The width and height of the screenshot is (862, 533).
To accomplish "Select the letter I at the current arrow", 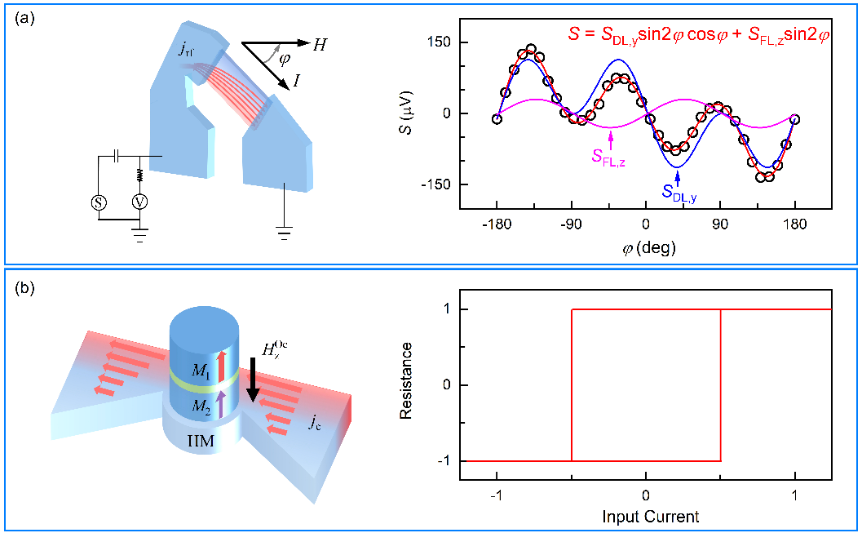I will (302, 85).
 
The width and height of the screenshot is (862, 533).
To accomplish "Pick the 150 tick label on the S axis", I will (468, 42).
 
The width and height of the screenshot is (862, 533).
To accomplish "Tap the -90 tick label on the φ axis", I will (570, 223).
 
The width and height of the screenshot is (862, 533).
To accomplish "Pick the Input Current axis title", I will (650, 517).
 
